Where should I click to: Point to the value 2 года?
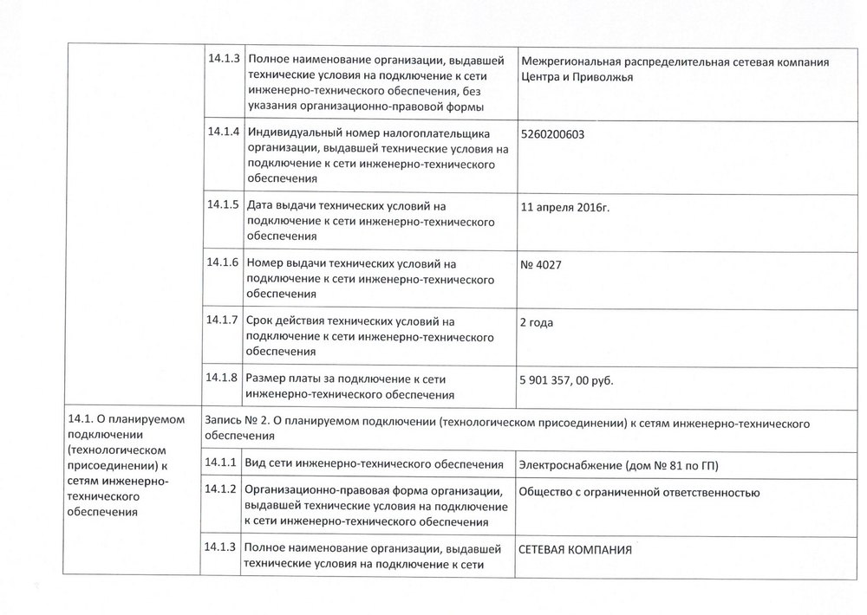click(537, 323)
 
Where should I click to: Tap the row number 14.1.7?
click(223, 320)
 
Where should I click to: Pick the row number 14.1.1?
click(223, 463)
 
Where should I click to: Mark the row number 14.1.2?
click(223, 489)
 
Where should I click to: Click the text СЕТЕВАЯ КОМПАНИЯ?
click(575, 549)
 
